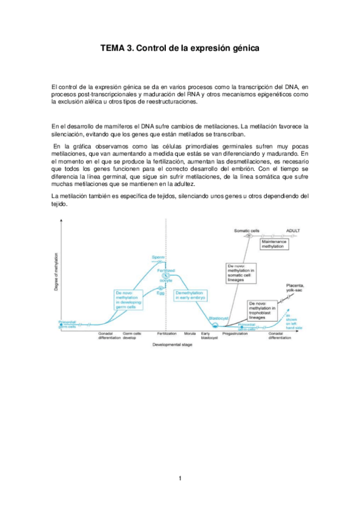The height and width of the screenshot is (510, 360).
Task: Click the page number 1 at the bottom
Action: pos(180,479)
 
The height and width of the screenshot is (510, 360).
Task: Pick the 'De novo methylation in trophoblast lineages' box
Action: pos(264,310)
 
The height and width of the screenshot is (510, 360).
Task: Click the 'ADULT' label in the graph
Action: pos(293,230)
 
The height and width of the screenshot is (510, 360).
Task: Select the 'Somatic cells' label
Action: pos(247,230)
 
